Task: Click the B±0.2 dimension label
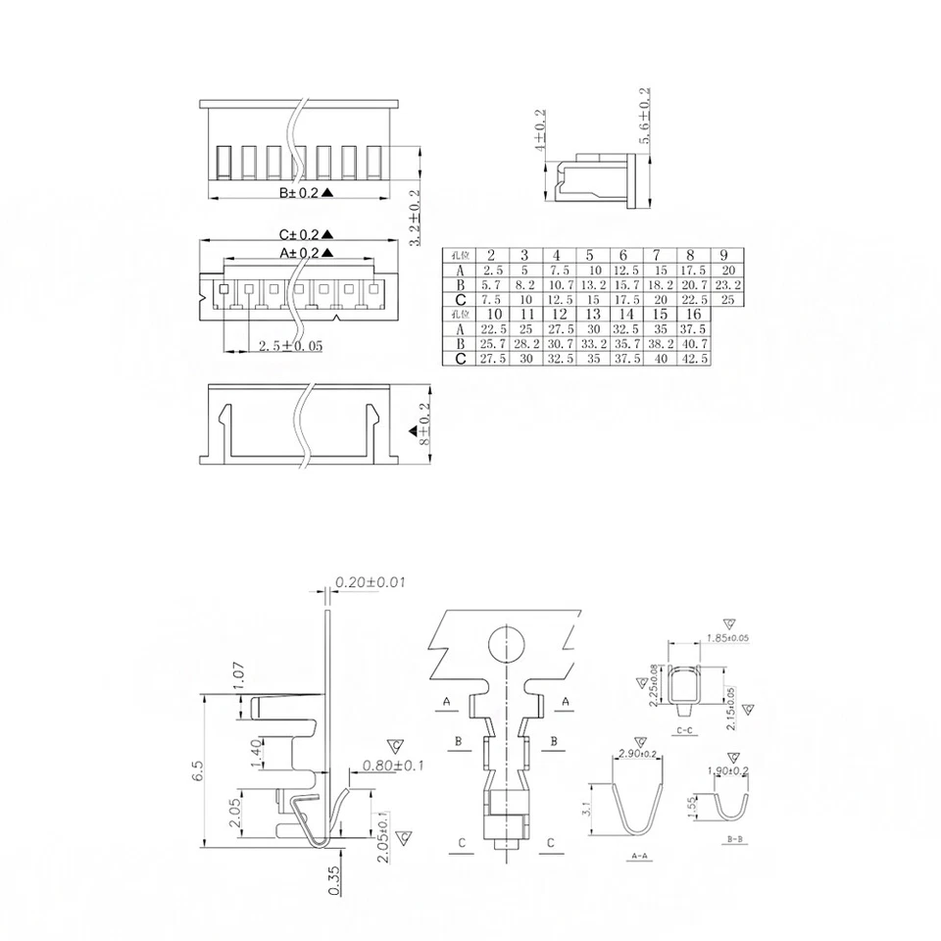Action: [x=300, y=193]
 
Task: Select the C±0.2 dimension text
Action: [x=300, y=234]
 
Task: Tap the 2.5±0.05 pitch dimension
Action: [x=289, y=346]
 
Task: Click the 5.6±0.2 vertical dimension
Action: [x=645, y=117]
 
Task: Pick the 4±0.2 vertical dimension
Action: [x=540, y=131]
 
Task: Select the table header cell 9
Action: [x=723, y=255]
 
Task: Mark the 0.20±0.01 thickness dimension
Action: [x=371, y=582]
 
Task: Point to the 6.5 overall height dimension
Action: [x=199, y=770]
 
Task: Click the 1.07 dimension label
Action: [x=239, y=675]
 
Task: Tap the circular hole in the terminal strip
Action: [x=507, y=646]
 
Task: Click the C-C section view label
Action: [x=686, y=731]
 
